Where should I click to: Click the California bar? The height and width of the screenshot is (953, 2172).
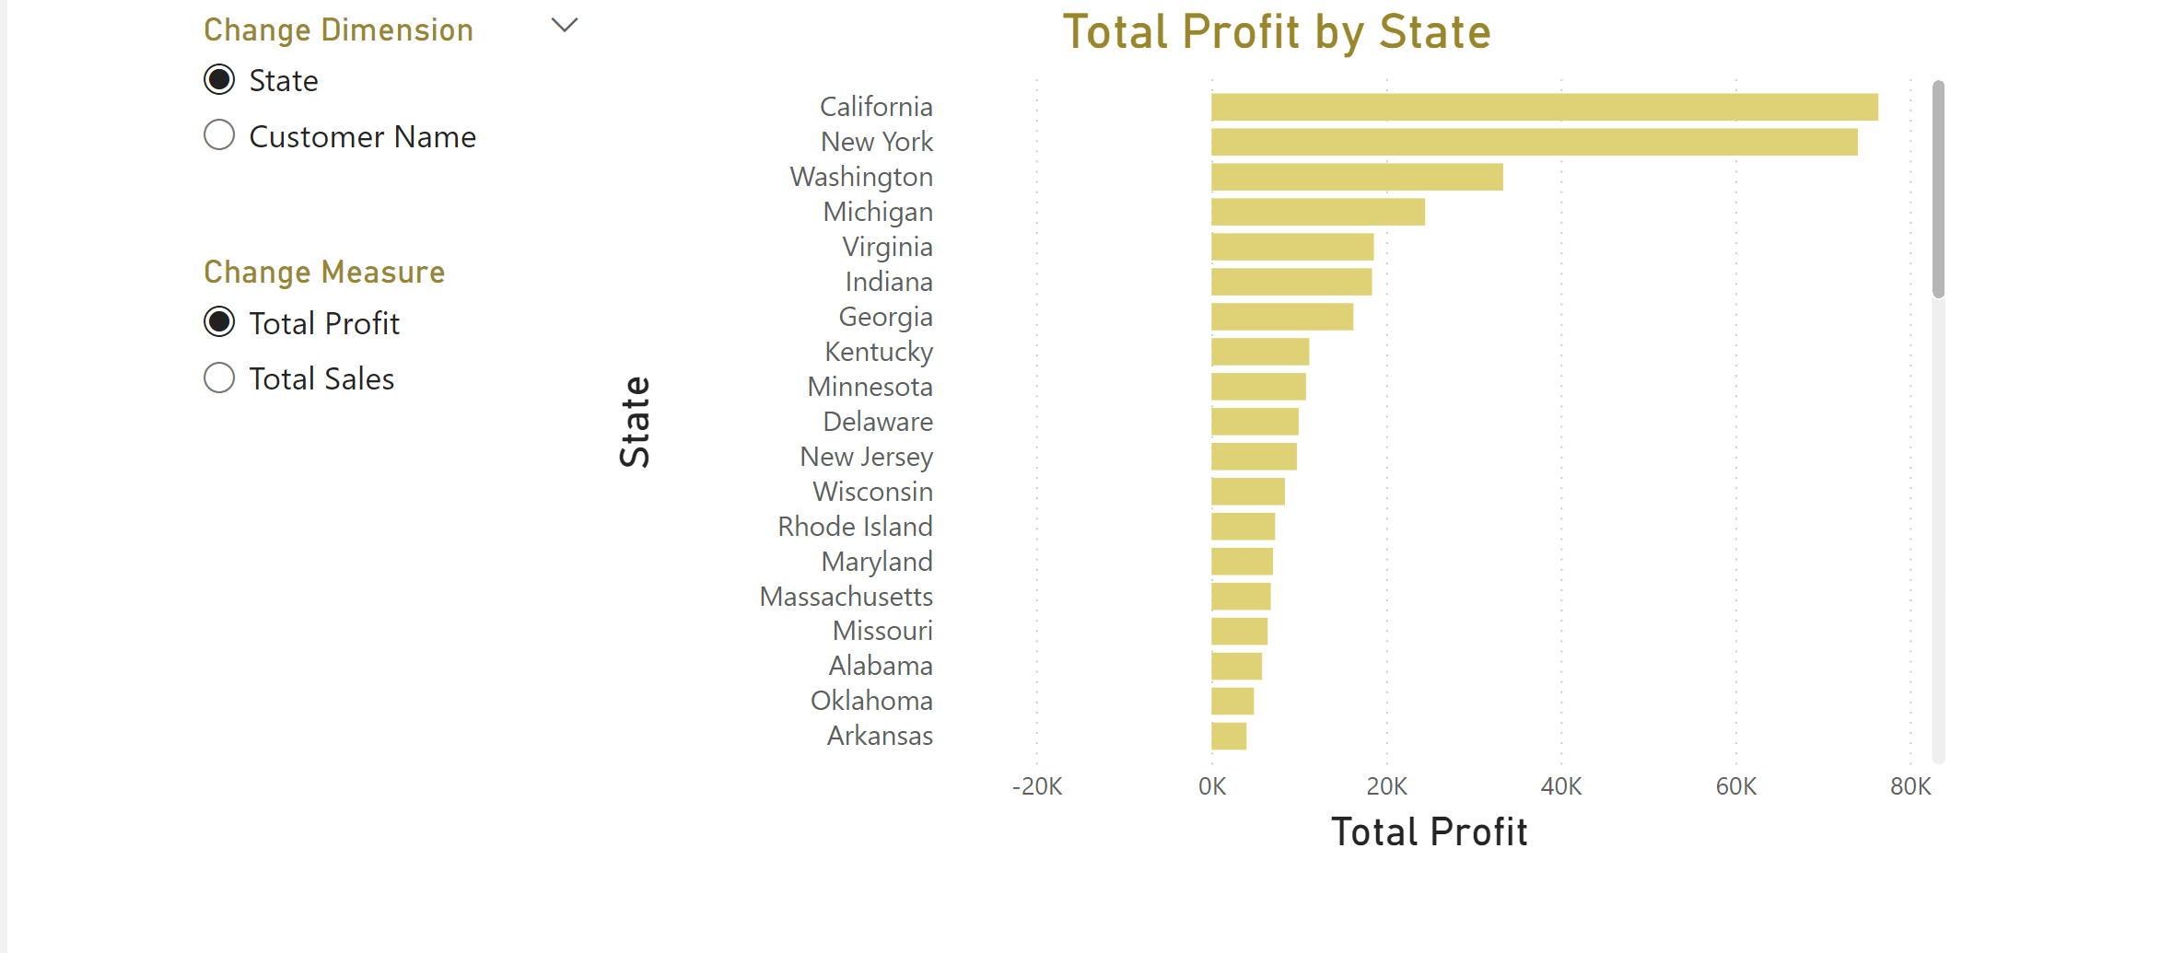[1544, 107]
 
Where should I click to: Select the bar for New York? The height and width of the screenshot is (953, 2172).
[1534, 142]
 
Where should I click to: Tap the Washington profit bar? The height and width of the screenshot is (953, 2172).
[1357, 177]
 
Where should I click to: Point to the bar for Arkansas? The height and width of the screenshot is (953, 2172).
[1229, 736]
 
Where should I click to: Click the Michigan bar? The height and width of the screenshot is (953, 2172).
[1317, 212]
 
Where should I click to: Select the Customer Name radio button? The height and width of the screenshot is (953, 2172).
[219, 135]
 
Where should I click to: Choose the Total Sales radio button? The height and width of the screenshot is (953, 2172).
[219, 378]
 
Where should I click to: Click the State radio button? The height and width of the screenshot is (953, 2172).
[219, 80]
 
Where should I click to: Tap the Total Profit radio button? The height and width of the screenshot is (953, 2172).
[219, 322]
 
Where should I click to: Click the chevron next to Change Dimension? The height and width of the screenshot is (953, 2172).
[565, 26]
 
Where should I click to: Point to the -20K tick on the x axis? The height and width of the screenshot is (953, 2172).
[1037, 786]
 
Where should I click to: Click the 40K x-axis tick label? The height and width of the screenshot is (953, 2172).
[1561, 786]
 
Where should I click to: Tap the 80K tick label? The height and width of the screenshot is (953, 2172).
[1910, 786]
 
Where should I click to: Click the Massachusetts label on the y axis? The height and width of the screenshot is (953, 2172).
[846, 597]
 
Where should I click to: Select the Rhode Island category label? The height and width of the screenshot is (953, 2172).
[855, 527]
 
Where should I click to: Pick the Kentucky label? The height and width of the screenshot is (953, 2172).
[879, 352]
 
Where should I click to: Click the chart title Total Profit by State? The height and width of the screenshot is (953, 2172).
[1277, 32]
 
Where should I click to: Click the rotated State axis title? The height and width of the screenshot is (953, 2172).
[636, 422]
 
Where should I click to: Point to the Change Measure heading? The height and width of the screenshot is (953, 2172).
[324, 273]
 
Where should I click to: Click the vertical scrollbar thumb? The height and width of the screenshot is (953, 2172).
[1938, 190]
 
